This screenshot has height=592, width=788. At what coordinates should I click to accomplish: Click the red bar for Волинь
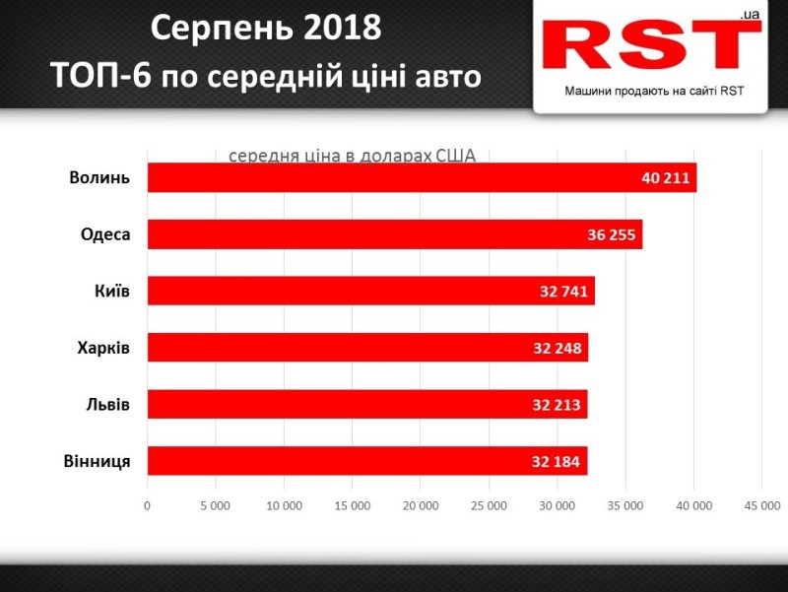coord(394,177)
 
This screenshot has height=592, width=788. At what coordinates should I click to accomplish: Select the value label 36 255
coord(612,235)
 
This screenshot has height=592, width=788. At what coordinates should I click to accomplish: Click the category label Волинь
coord(99,178)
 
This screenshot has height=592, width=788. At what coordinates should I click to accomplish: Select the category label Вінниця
coord(97,461)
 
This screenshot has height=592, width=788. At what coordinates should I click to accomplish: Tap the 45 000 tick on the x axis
coord(761,506)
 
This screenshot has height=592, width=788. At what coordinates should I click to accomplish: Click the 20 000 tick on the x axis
coord(421,506)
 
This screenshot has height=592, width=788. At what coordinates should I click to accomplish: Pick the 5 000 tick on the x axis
coord(215,506)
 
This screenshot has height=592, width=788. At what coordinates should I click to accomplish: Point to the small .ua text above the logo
coord(747,15)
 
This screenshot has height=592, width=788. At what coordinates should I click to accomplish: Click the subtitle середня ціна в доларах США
coord(352,156)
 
